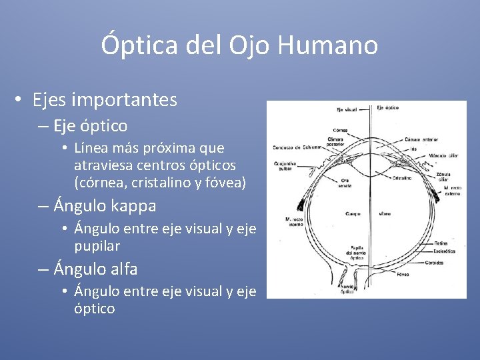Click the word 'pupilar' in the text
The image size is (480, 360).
[97, 246]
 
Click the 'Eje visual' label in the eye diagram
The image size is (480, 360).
[347, 109]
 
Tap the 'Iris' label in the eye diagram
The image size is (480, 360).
[413, 149]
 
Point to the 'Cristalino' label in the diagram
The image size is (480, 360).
[401, 178]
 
